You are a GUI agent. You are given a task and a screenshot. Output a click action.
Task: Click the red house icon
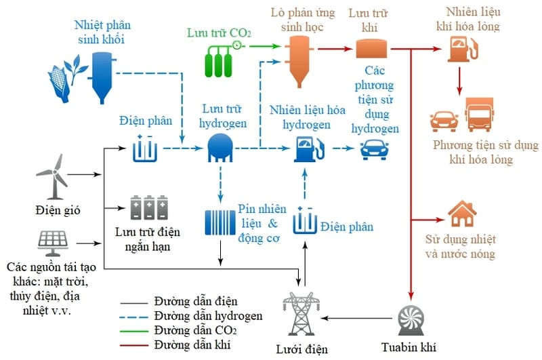click(462, 215)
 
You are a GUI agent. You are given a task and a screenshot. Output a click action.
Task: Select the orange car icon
click(444, 120)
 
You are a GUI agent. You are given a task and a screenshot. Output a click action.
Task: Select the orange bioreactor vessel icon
click(299, 61)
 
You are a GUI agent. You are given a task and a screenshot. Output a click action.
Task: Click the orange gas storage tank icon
click(371, 49)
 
